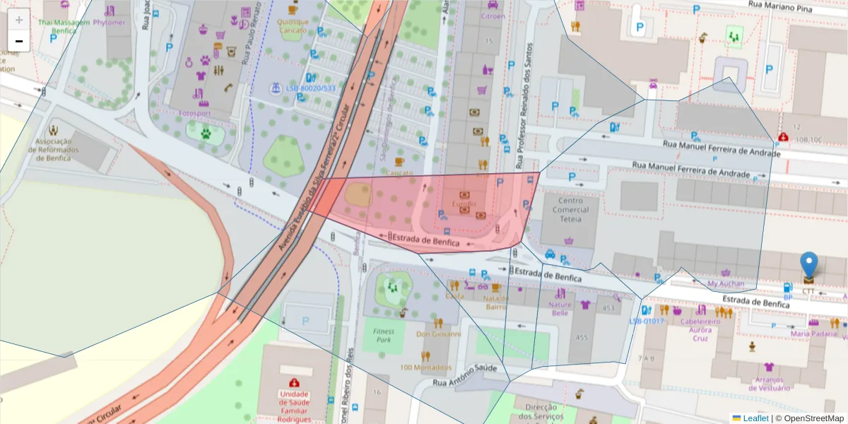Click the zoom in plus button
19,19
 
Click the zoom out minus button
19,41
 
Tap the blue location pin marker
809,266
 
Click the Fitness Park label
384,335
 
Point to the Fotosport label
195,113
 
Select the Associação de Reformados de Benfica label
53,149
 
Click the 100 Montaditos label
425,367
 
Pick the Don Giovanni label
438,334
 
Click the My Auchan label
726,284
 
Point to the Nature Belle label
560,309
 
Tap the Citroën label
493,16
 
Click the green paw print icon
206,132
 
